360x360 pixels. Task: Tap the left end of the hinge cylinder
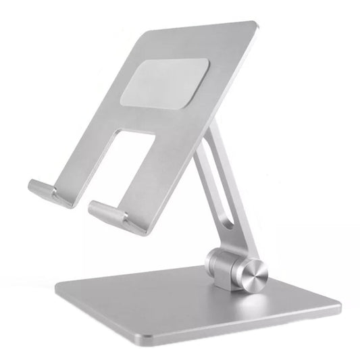[211, 260]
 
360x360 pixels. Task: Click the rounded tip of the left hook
[31, 186]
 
